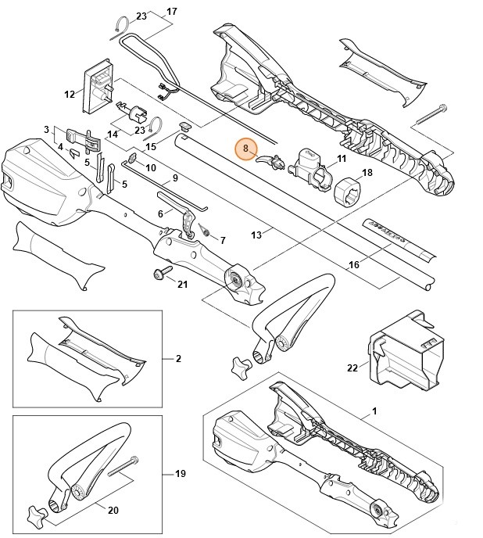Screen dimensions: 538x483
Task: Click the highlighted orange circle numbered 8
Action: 245,147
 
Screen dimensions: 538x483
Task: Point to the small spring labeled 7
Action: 206,230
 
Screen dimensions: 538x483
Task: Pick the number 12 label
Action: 69,95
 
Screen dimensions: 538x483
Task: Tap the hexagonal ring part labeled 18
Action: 345,190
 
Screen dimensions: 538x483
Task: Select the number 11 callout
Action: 341,159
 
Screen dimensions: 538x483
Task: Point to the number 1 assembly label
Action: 374,411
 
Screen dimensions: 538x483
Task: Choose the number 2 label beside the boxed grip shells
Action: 177,358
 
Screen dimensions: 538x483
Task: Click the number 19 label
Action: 180,474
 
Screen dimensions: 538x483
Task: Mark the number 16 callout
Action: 354,265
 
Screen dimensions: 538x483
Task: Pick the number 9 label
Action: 175,178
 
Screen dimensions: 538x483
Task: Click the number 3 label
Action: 47,129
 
